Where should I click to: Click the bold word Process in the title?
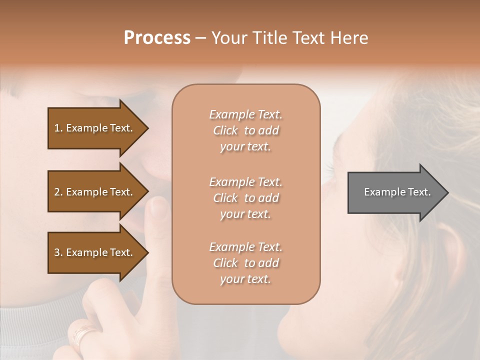tap(157, 38)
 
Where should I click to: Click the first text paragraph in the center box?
tap(245, 130)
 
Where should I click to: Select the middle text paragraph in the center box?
tap(245, 197)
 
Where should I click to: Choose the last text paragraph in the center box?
tap(245, 263)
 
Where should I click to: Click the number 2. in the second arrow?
tap(58, 192)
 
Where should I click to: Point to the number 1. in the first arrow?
tap(58, 128)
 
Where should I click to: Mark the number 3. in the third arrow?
tap(58, 252)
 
